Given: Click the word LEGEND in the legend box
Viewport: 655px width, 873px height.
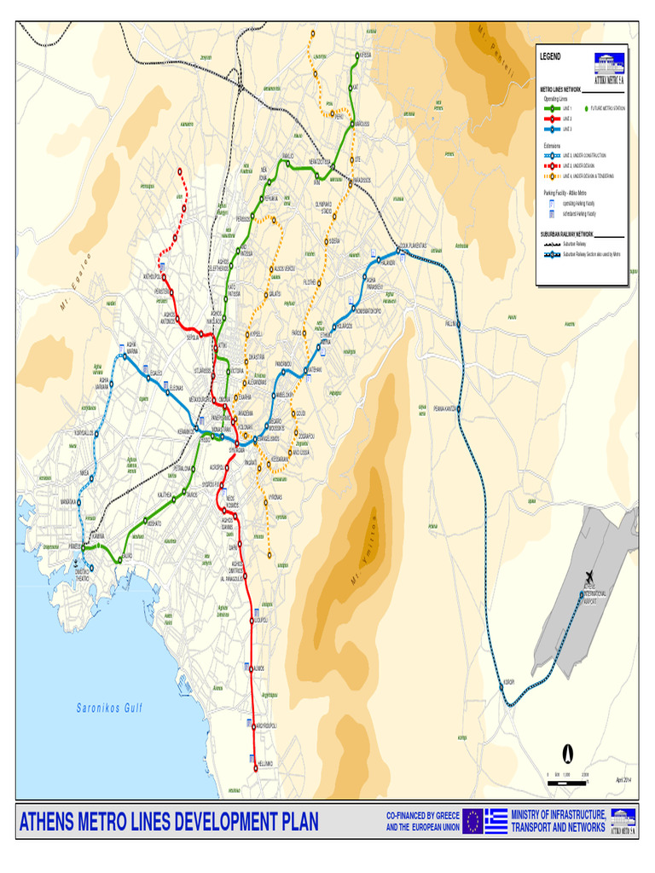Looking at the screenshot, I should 551,55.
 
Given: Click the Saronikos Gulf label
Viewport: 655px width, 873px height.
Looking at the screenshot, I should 110,708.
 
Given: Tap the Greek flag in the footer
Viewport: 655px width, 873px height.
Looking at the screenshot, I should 496,821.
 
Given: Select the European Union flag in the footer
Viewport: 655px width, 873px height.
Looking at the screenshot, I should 472,821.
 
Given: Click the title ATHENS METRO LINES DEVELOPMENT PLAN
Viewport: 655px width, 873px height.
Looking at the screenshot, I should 169,822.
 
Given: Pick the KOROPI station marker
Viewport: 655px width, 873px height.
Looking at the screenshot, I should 502,687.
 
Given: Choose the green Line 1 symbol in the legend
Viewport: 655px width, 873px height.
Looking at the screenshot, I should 551,109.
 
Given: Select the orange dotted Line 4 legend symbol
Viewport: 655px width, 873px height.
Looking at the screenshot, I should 552,176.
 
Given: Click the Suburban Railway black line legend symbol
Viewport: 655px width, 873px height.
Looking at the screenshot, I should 551,243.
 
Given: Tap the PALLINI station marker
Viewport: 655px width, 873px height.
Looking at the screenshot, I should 457,324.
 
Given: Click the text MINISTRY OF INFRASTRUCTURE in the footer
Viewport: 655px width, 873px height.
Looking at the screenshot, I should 559,816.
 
